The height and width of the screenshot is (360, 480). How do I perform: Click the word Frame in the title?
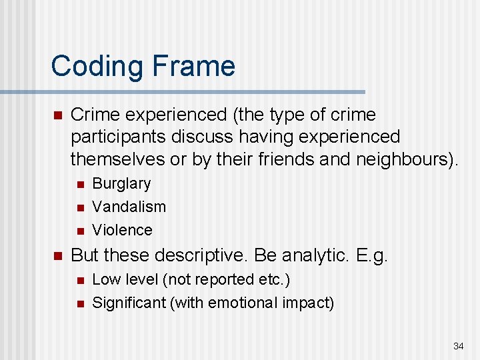(194, 66)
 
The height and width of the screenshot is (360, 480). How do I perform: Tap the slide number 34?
(458, 346)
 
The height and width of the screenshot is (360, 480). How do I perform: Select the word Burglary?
(121, 183)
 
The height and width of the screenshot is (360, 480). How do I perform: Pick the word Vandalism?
(129, 207)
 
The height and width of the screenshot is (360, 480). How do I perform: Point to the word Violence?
(122, 230)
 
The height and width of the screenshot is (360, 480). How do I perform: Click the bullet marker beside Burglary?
(80, 184)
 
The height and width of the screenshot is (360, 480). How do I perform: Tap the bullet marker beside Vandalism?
(80, 207)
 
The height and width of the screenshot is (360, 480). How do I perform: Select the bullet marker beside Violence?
(80, 231)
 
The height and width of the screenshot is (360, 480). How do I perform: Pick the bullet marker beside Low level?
(80, 281)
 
